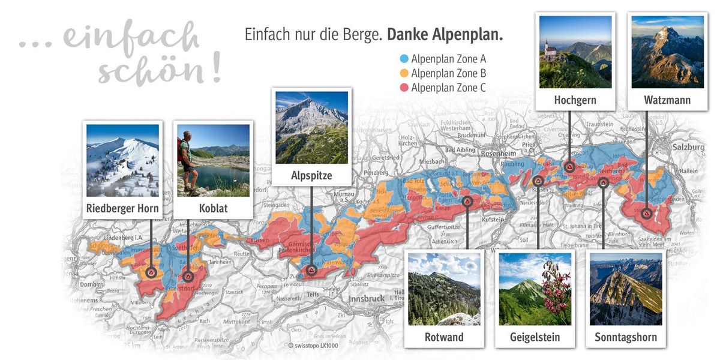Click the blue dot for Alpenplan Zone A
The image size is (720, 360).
click(x=404, y=59)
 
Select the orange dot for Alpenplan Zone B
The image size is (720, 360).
click(x=404, y=73)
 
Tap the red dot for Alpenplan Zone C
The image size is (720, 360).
click(x=404, y=88)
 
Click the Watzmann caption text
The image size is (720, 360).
click(x=667, y=100)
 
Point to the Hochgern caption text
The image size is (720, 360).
click(x=575, y=100)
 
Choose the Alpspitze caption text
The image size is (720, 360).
click(x=311, y=176)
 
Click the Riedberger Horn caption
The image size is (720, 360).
click(x=122, y=209)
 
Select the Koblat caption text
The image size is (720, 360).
click(x=213, y=209)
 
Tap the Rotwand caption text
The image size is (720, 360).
click(x=444, y=337)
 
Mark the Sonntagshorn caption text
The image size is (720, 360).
click(x=626, y=337)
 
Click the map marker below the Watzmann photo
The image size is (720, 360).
click(x=647, y=213)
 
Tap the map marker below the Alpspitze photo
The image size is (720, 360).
click(x=311, y=271)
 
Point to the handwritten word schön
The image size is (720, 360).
click(x=159, y=71)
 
